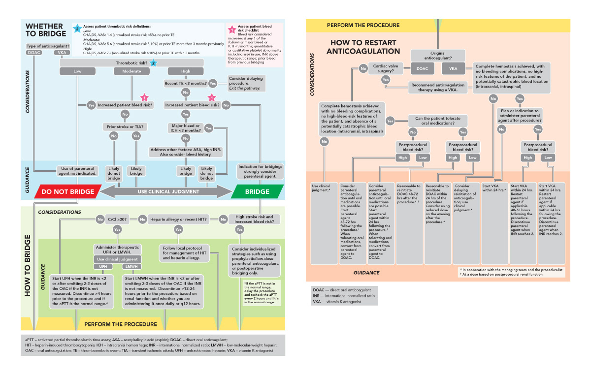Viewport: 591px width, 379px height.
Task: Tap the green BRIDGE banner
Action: pos(257,191)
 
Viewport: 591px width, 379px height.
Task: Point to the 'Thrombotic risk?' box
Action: pos(131,63)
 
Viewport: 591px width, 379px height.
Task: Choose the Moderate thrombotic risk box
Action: pos(131,72)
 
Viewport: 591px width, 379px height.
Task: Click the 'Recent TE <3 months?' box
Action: pos(185,83)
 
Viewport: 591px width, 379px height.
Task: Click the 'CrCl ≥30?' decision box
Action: pos(117,218)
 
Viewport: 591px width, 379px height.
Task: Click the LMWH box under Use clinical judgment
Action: pos(131,266)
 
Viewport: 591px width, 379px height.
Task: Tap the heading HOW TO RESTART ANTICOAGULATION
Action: pos(365,47)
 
